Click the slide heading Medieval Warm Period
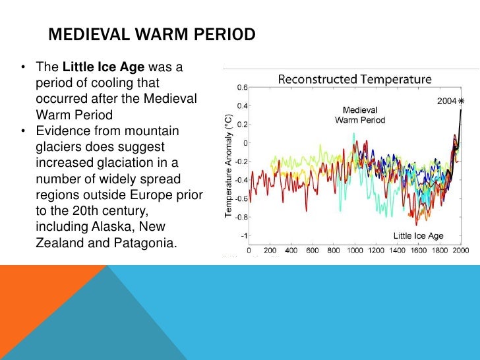[152, 34]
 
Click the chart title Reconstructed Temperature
[355, 79]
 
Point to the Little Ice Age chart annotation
[419, 235]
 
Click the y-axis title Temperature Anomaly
[228, 165]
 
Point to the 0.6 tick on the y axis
[243, 87]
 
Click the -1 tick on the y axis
[244, 235]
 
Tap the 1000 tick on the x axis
[355, 251]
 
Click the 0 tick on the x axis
[249, 251]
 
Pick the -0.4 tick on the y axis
[241, 180]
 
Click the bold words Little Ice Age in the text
[102, 67]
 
